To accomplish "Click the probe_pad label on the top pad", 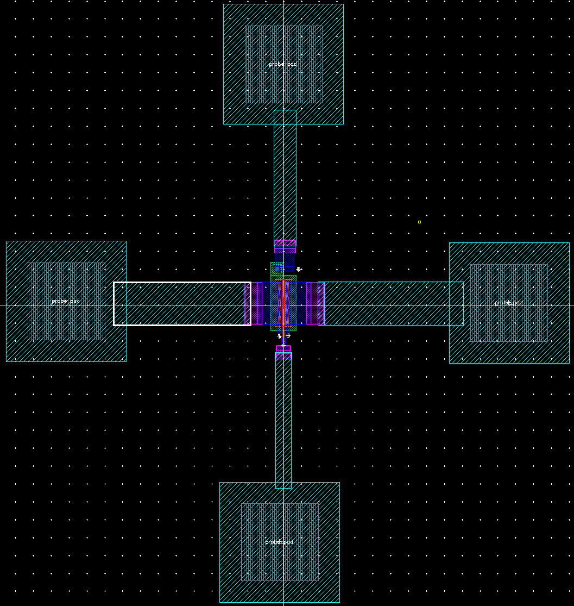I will click(283, 64).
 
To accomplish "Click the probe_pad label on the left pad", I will click(66, 301).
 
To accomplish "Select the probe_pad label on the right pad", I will click(509, 303).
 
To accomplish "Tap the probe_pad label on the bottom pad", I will click(279, 542).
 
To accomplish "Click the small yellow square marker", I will click(419, 222).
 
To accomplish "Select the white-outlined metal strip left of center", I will click(182, 304).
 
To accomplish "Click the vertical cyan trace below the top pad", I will click(285, 174).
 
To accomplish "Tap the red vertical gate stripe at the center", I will click(283, 304).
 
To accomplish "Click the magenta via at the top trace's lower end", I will click(285, 246).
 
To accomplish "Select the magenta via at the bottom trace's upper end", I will click(283, 352).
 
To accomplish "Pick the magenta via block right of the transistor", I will click(316, 303).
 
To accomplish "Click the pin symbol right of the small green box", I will click(298, 269).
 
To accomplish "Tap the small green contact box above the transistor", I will click(277, 268).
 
